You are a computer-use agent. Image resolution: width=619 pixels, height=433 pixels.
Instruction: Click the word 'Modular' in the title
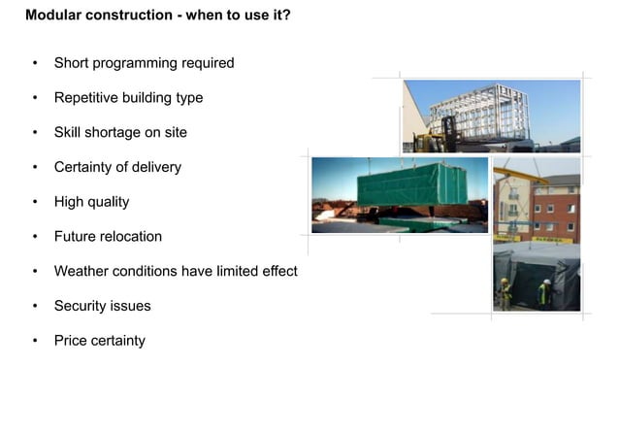pos(51,16)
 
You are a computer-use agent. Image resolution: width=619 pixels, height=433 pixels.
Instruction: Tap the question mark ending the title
pos(286,16)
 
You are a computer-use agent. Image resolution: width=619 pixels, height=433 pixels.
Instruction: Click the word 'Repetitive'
pos(87,98)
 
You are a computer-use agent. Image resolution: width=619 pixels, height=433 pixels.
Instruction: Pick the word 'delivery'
pos(156,167)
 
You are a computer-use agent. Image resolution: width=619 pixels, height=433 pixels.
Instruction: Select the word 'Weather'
pos(81,271)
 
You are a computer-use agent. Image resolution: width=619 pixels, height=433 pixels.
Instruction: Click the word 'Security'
pos(81,306)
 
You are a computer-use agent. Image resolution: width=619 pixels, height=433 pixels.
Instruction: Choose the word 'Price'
pos(71,341)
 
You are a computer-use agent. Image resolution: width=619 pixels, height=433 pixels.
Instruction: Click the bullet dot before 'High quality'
pos(35,202)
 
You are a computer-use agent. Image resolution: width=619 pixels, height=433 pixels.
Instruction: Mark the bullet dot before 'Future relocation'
pos(35,237)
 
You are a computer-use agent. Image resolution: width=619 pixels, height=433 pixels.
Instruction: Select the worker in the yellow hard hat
pos(505,291)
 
